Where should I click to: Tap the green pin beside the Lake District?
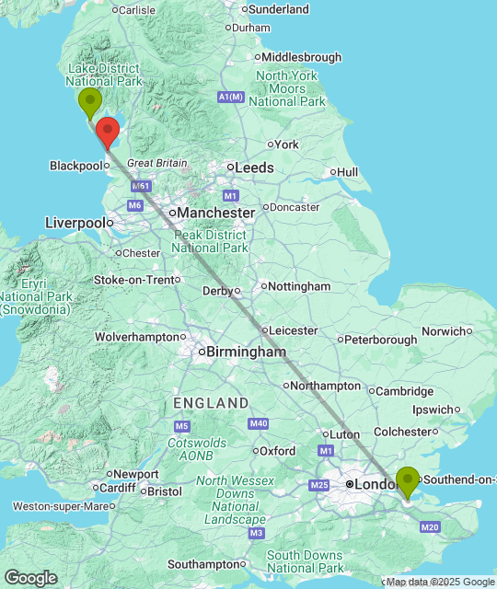(x=89, y=102)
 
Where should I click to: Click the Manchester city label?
(x=215, y=213)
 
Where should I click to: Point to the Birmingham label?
(x=246, y=352)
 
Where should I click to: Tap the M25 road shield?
(x=319, y=485)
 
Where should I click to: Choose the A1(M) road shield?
(x=230, y=97)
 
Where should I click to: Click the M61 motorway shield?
(x=141, y=186)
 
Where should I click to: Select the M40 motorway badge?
(x=258, y=423)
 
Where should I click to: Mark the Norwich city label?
(x=445, y=331)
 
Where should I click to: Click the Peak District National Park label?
(x=210, y=241)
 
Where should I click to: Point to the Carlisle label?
(x=136, y=10)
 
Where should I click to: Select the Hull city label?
(x=347, y=172)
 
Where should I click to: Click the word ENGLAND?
(x=211, y=403)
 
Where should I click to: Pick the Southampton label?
(x=203, y=564)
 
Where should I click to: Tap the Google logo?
(x=29, y=577)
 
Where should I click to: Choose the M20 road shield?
(x=429, y=527)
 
